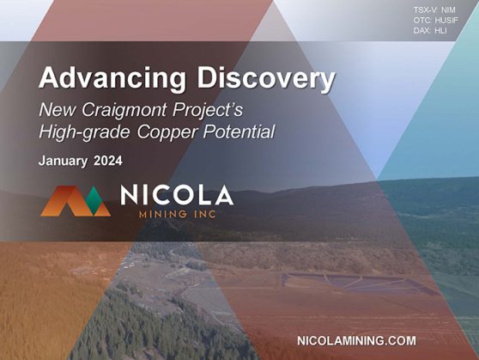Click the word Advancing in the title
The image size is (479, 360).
tap(112, 79)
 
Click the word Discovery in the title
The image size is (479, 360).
tap(265, 77)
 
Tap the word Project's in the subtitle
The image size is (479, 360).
tap(208, 111)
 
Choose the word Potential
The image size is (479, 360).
tap(240, 131)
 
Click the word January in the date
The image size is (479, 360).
tap(63, 162)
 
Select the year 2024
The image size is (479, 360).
tap(108, 161)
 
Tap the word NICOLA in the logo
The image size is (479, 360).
tap(177, 195)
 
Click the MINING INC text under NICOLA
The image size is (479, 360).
tap(178, 214)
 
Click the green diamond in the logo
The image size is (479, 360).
tap(94, 200)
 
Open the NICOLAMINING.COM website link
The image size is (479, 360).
tap(356, 341)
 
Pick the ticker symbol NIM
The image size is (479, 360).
tap(448, 10)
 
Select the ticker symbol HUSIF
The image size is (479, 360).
tap(446, 21)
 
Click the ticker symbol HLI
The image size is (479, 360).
tap(441, 31)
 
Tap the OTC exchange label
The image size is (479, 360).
tap(423, 21)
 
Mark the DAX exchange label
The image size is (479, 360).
tap(422, 31)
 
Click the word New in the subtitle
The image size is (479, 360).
tap(57, 109)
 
